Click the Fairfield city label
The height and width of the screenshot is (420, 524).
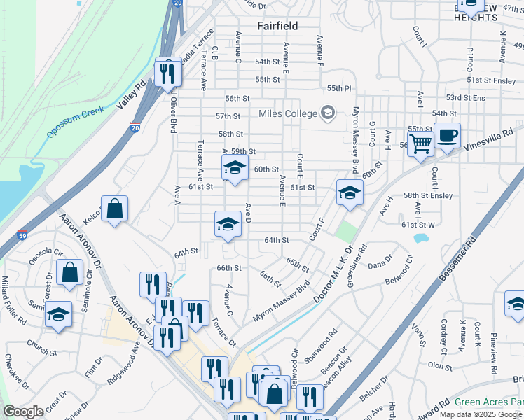[277, 26]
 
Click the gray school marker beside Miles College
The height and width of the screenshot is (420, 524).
[327, 112]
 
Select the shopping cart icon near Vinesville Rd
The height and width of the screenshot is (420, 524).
[420, 143]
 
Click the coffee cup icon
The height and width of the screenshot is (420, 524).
[446, 135]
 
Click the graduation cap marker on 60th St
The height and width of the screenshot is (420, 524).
[235, 168]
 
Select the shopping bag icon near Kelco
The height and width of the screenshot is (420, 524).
[114, 209]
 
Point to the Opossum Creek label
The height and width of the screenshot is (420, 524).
[76, 122]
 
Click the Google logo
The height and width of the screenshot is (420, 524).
[23, 412]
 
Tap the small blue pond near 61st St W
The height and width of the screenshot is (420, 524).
[420, 239]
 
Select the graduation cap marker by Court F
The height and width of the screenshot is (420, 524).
[350, 193]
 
